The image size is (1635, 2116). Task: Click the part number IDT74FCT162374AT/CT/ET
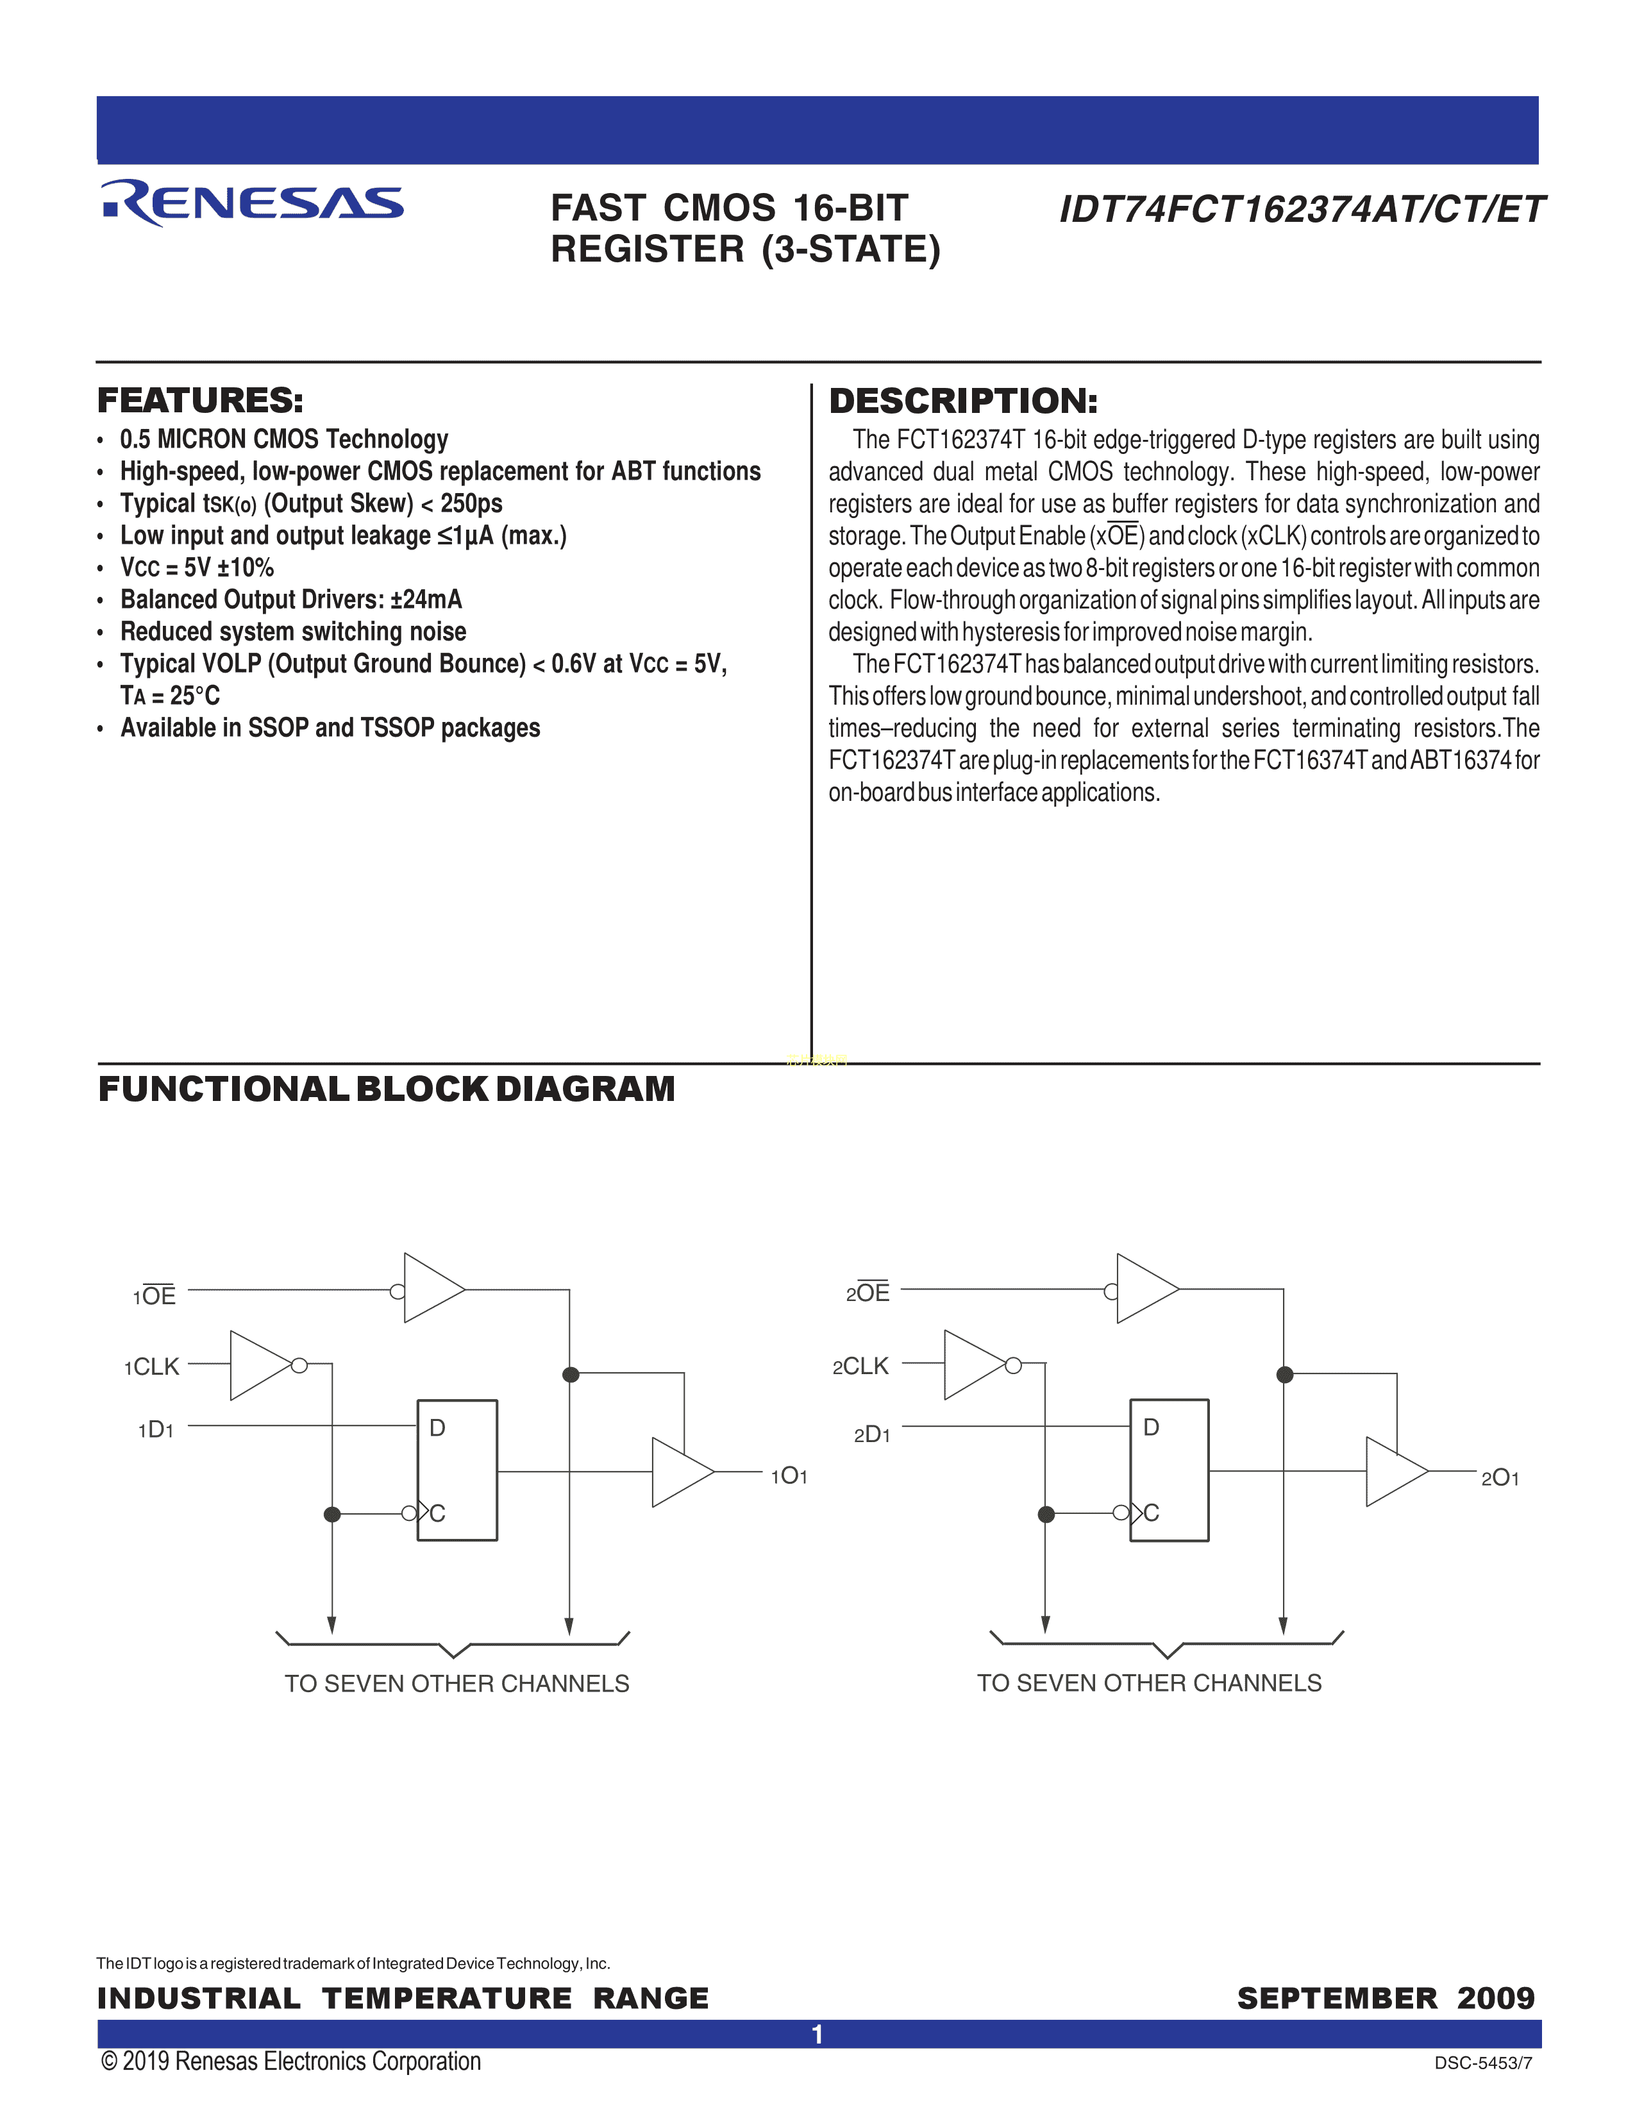pos(1301,209)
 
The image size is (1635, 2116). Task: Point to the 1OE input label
pos(155,1295)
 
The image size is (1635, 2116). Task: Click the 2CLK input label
pos(860,1366)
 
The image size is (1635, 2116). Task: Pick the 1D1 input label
pos(156,1429)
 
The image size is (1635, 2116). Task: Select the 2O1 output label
pos(1500,1477)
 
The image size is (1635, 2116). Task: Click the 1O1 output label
pos(789,1475)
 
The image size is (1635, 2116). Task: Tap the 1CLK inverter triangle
pos(256,1365)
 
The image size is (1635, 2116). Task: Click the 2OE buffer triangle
pos(1145,1289)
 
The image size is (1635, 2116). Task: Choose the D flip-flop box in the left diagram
pos(457,1470)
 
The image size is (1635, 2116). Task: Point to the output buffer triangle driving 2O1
pos(1394,1472)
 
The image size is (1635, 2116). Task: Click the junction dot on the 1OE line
pos(571,1374)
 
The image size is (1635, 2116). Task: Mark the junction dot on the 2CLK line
pos(1046,1513)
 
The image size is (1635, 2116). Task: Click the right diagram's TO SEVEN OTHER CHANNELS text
pos(1149,1683)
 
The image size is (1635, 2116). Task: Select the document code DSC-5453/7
pos(1483,2063)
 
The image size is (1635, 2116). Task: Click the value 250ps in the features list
pos(472,504)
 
